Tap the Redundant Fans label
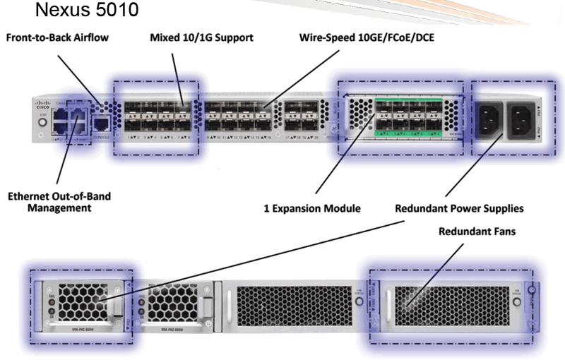[x=474, y=232]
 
